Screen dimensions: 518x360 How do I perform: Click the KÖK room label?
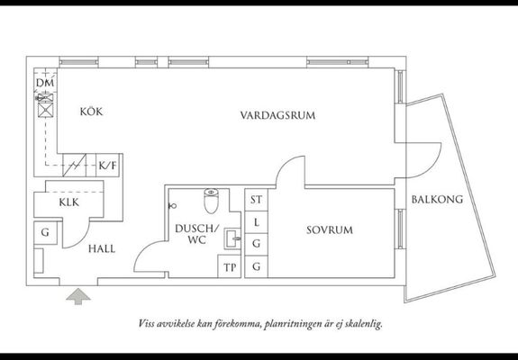point(91,112)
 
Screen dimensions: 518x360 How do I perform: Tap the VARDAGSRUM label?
point(277,115)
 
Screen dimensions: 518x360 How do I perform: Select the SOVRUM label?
point(330,230)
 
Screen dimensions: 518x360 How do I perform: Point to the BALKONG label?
point(437,199)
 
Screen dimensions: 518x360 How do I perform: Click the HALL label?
point(102,248)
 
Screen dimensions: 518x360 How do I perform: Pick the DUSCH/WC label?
point(197,234)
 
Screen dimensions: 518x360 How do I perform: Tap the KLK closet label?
point(69,202)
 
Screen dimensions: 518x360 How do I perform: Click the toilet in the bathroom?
point(211,201)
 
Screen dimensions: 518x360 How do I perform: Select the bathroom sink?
point(232,238)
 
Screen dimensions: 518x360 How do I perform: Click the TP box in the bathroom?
point(229,266)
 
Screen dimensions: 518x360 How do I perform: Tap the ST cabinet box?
point(257,199)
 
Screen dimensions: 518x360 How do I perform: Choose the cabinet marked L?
point(257,221)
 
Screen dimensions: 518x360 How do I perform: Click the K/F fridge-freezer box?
point(108,165)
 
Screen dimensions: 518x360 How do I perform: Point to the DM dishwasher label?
point(45,83)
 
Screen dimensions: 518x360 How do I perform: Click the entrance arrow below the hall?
point(78,296)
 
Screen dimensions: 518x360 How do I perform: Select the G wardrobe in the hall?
point(45,232)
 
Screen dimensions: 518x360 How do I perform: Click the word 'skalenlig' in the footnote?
point(363,324)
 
